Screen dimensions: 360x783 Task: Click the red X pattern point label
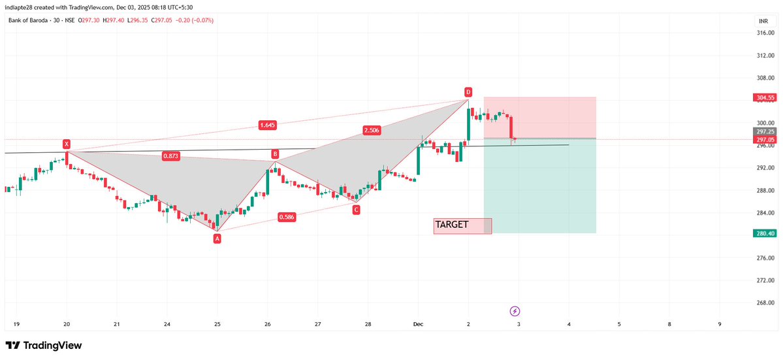click(66, 143)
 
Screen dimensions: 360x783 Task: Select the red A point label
click(217, 238)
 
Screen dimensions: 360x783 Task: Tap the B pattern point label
click(276, 154)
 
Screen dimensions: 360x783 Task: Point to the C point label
click(356, 210)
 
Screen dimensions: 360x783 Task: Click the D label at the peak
click(468, 91)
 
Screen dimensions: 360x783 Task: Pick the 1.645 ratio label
click(267, 125)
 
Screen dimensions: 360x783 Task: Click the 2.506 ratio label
click(372, 131)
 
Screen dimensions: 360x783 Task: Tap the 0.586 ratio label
click(287, 217)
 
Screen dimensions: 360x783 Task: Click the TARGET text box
click(462, 225)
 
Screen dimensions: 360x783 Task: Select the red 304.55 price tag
click(763, 98)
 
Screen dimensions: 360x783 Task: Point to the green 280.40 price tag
click(763, 233)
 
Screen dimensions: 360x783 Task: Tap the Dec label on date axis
click(418, 324)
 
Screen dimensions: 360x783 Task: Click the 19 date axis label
click(16, 324)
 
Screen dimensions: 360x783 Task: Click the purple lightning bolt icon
click(515, 311)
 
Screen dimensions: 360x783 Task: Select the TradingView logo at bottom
click(44, 345)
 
